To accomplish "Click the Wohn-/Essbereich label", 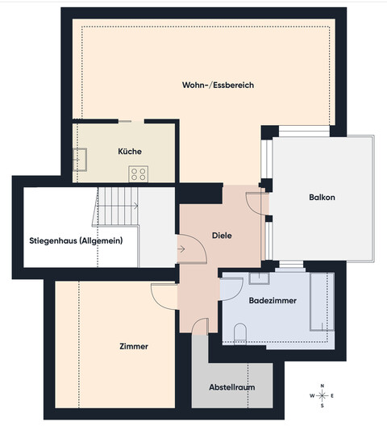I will (x=206, y=84).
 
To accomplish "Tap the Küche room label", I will (x=129, y=151).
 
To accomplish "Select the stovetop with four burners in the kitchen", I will (x=139, y=172).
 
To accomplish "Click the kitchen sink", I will (x=81, y=157).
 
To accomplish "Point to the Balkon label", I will (x=321, y=198).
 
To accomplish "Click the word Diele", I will (x=222, y=236).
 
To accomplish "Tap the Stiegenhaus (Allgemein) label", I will (x=76, y=240).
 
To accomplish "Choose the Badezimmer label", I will (x=272, y=300).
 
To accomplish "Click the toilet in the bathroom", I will (x=239, y=332).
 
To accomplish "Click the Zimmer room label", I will (x=133, y=346).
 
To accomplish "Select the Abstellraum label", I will (x=232, y=387).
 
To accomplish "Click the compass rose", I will (x=322, y=395).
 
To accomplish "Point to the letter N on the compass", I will (x=322, y=385).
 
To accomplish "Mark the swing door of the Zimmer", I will (x=164, y=296).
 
